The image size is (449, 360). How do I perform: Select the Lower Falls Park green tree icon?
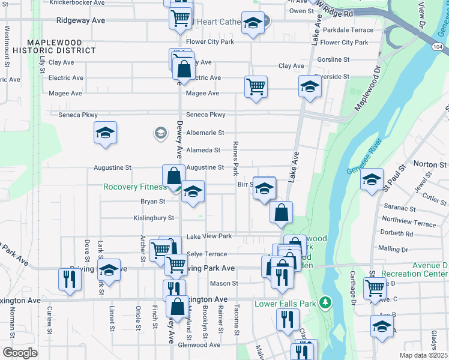click(x=325, y=301)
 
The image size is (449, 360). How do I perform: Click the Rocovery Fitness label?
click(x=134, y=187)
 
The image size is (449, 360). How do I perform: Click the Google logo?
click(x=20, y=353)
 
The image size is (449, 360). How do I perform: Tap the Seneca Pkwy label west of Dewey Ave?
click(x=77, y=115)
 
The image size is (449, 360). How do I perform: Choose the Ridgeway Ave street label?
click(x=81, y=20)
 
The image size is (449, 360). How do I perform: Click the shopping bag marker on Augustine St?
click(x=173, y=176)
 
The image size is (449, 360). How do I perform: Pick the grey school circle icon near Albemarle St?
click(x=160, y=133)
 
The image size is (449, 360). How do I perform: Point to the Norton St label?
click(x=430, y=164)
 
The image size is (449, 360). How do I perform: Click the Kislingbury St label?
click(x=154, y=218)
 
